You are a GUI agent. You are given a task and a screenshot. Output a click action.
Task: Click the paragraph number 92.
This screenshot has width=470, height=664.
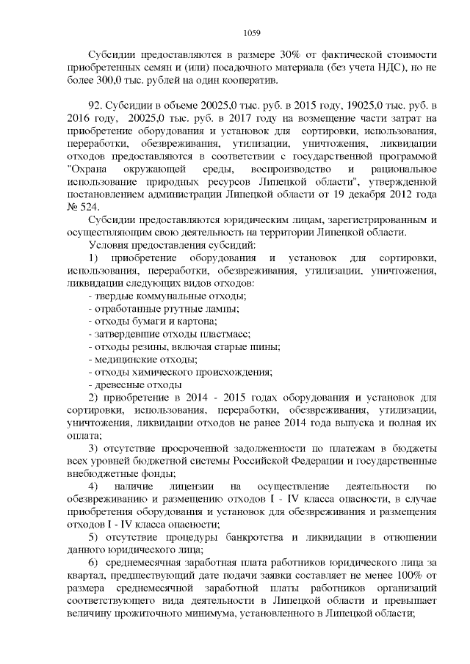[94, 106]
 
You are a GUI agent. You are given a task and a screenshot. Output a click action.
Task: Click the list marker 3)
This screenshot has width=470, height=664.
[94, 448]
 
